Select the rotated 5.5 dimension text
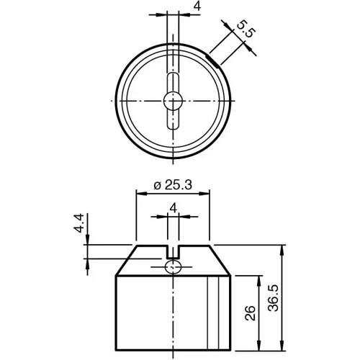(245, 31)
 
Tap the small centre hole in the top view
(173, 101)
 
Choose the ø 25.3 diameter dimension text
(173, 185)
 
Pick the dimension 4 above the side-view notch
(173, 207)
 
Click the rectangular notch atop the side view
(173, 251)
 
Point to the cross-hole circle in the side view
(173, 268)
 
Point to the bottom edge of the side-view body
(173, 348)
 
